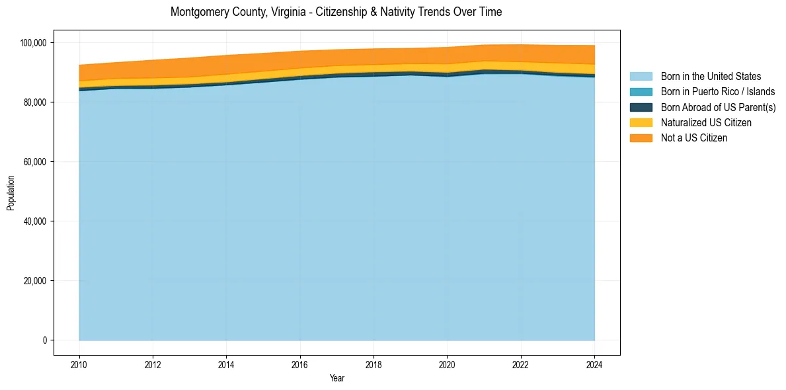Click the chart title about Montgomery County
(336, 12)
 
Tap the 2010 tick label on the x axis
(79, 364)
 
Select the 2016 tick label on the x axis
(300, 364)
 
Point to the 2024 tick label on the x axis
(594, 364)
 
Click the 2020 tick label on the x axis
(448, 364)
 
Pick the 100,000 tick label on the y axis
(34, 43)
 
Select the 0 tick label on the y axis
(45, 340)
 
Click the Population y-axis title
(11, 193)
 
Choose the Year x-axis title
(336, 378)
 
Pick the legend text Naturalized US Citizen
(706, 123)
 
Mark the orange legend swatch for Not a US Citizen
(641, 138)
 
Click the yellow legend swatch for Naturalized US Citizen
(641, 123)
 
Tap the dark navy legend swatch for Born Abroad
(641, 107)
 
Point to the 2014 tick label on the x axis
(226, 364)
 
